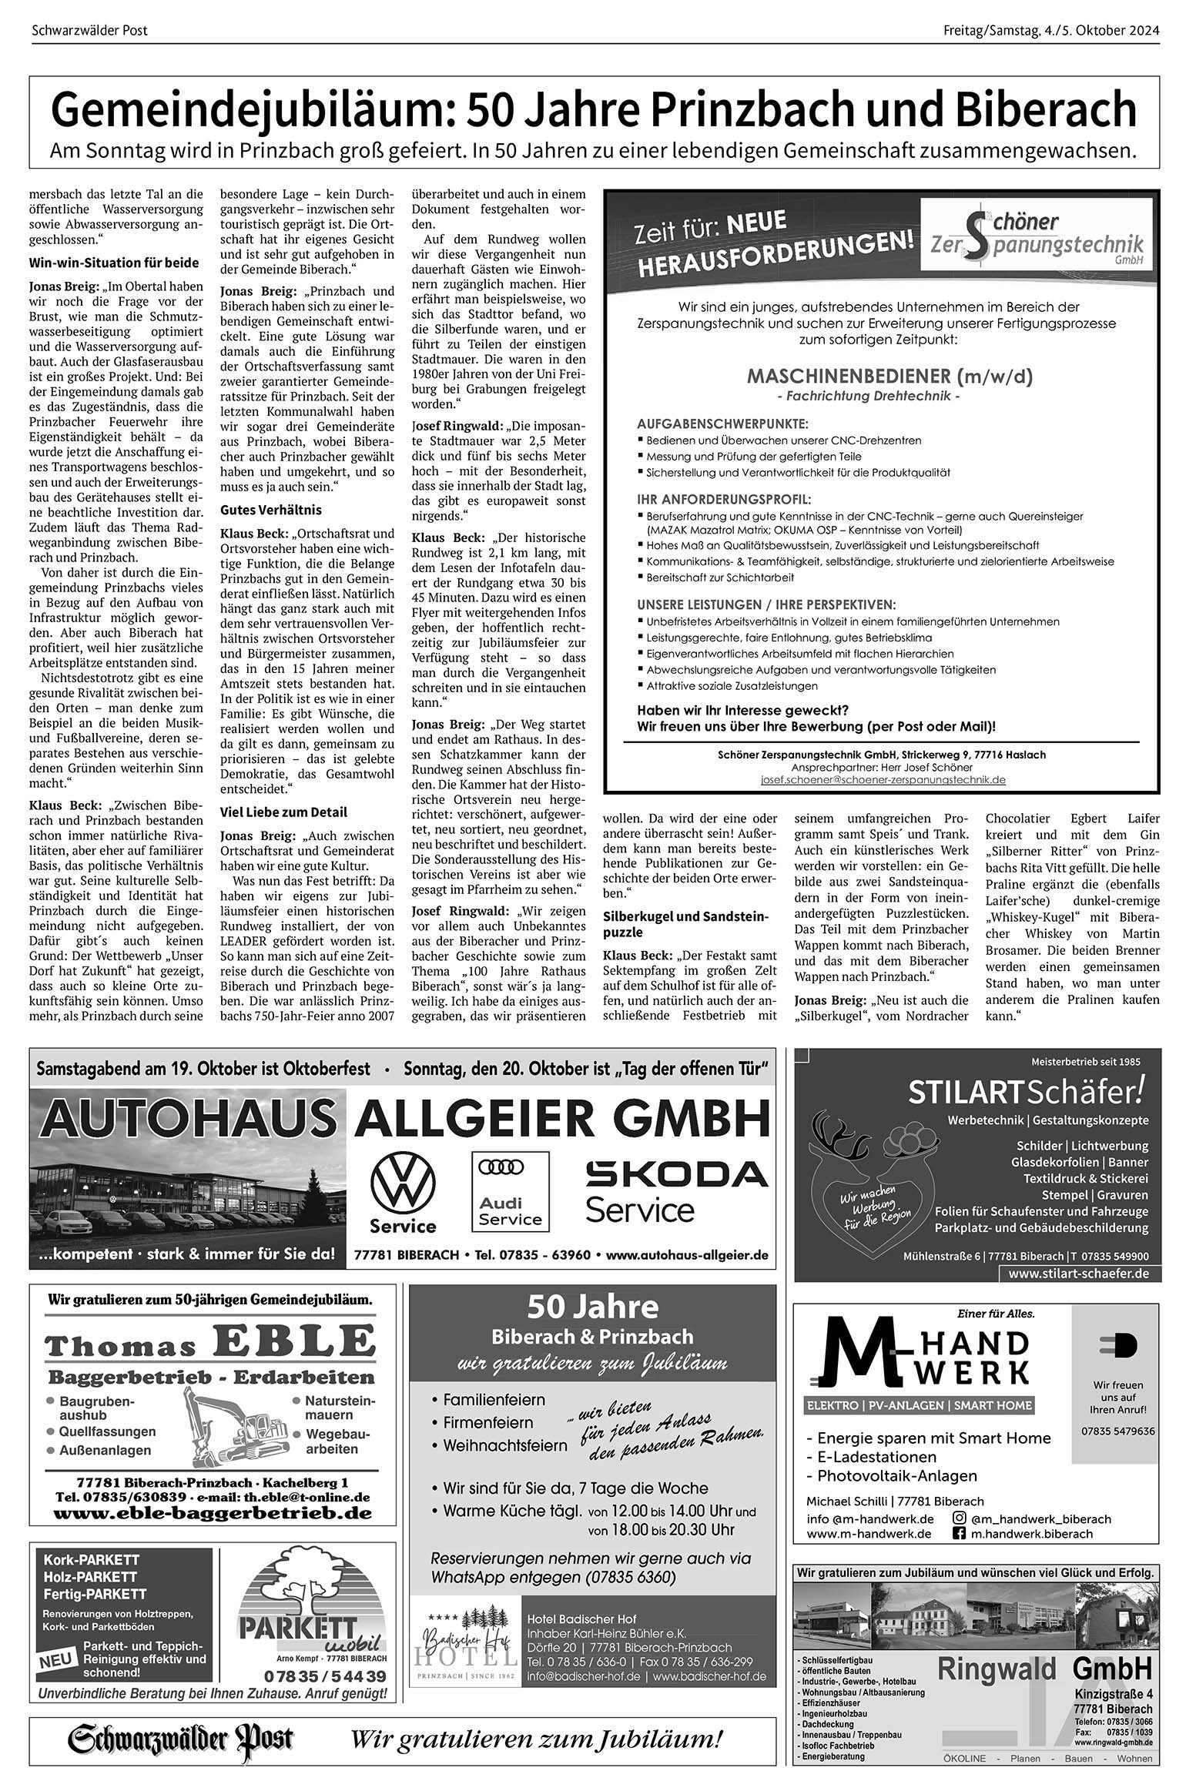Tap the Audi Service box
point(511,1190)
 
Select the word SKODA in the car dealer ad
point(677,1175)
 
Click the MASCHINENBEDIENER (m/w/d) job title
point(889,377)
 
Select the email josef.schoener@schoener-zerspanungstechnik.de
point(883,779)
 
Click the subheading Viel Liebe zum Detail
point(283,812)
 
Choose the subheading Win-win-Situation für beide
point(113,263)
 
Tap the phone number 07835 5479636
point(1117,1431)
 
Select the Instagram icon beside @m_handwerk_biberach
point(960,1518)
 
